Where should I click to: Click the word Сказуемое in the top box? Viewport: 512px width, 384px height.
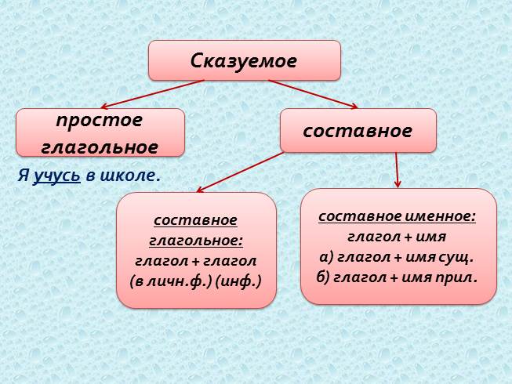click(x=244, y=61)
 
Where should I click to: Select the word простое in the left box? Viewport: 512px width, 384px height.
click(x=100, y=121)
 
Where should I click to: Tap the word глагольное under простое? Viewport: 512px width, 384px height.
click(x=100, y=146)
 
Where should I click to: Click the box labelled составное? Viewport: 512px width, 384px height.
click(x=358, y=130)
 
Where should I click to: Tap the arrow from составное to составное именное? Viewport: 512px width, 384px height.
click(x=398, y=169)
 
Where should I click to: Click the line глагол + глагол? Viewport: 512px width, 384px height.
click(x=196, y=260)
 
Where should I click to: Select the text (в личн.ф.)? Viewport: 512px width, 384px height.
click(x=173, y=280)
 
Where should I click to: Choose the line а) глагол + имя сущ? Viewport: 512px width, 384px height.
click(x=398, y=256)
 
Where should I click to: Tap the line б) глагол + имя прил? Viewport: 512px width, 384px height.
click(x=398, y=277)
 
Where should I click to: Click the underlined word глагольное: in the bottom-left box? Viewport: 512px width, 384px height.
click(x=196, y=240)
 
